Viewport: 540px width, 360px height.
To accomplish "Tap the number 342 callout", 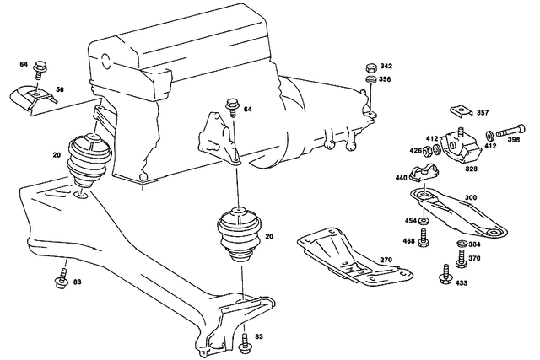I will (x=386, y=66).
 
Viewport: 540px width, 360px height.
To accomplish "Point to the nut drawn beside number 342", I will (x=370, y=67).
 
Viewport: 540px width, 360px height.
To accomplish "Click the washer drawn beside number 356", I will (x=370, y=81).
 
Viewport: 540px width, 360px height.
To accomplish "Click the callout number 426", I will (x=415, y=152).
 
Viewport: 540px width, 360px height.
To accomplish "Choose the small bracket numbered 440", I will (x=423, y=175).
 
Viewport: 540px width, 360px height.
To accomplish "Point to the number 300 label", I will (x=471, y=197).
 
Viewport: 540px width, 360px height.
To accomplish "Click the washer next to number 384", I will (x=462, y=244).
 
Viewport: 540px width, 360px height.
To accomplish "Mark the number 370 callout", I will (x=474, y=259).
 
